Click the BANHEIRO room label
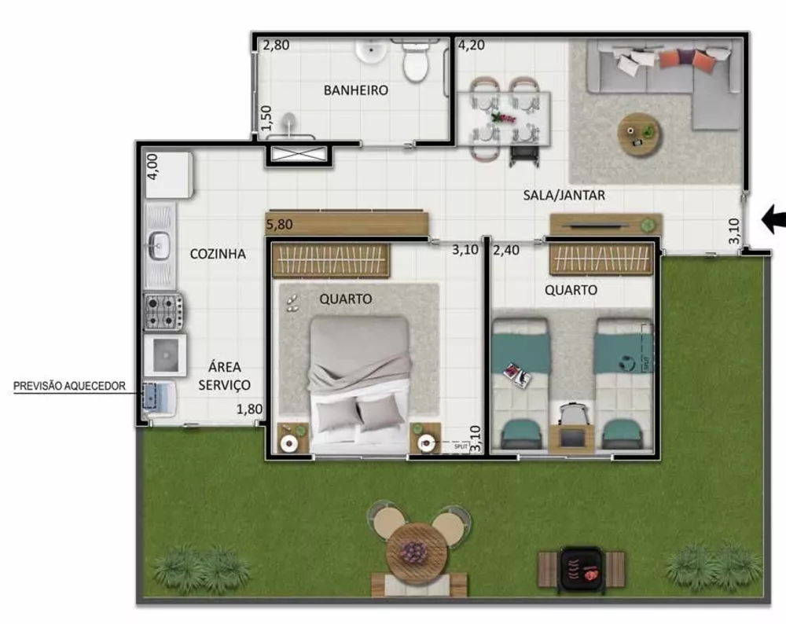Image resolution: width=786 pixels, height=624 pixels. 355,90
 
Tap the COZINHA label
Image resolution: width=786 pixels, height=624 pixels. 218,254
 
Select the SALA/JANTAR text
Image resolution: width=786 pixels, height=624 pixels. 564,195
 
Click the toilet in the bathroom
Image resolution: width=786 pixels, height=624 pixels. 415,61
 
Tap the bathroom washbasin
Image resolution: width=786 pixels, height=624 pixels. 368,51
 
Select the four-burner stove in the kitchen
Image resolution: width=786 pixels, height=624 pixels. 163,311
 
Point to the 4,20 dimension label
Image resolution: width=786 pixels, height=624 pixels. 471,45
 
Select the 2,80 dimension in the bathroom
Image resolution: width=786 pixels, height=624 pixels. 276,45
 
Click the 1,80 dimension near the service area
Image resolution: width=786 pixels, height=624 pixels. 250,409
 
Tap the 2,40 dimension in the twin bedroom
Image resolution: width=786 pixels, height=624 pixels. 506,251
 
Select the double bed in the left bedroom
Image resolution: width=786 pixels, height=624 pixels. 359,381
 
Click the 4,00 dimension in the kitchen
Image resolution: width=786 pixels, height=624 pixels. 152,167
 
